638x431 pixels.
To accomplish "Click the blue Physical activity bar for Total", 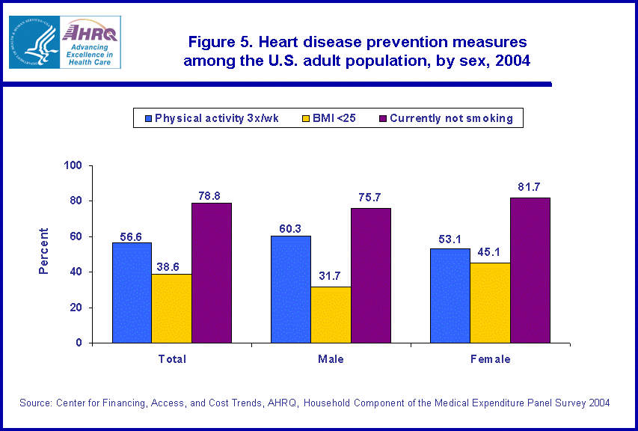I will pyautogui.click(x=132, y=293).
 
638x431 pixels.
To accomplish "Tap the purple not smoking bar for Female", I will pyautogui.click(x=530, y=270).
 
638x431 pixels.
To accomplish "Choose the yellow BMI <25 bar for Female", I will pyautogui.click(x=490, y=302).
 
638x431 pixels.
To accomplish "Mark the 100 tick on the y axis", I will pyautogui.click(x=75, y=165).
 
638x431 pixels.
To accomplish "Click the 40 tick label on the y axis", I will pyautogui.click(x=78, y=272).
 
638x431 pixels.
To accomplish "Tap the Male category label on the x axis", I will pyautogui.click(x=331, y=359).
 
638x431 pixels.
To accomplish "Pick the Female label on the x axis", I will pyautogui.click(x=490, y=359).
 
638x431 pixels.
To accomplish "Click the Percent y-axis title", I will pyautogui.click(x=44, y=251).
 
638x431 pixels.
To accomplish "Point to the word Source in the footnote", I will pyautogui.click(x=35, y=403).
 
